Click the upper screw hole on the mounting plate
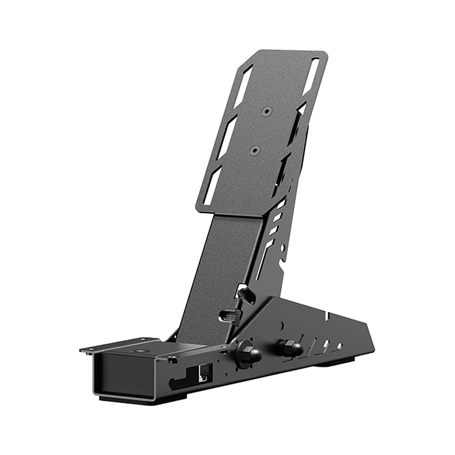pos(266,111)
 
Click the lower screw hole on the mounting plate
pos(254,150)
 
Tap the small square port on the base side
pos(203,372)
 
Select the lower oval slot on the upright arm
pos(230,315)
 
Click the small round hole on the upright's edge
pos(283,248)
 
